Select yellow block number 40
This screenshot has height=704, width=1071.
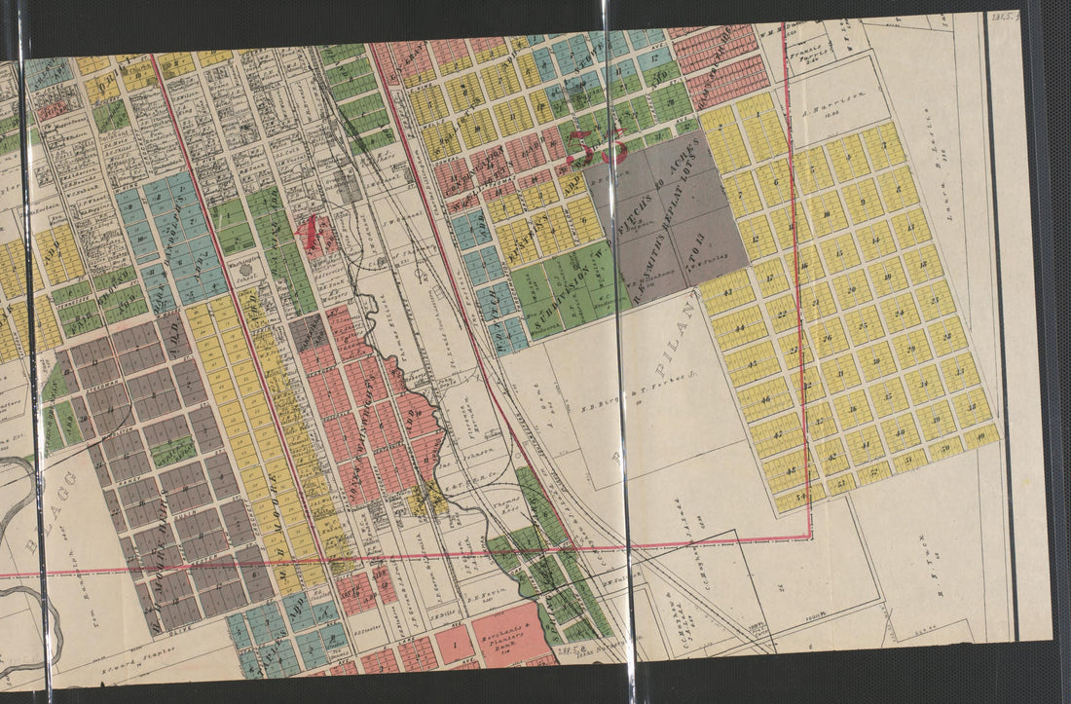tap(982, 434)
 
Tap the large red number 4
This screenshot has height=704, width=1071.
tap(312, 232)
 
